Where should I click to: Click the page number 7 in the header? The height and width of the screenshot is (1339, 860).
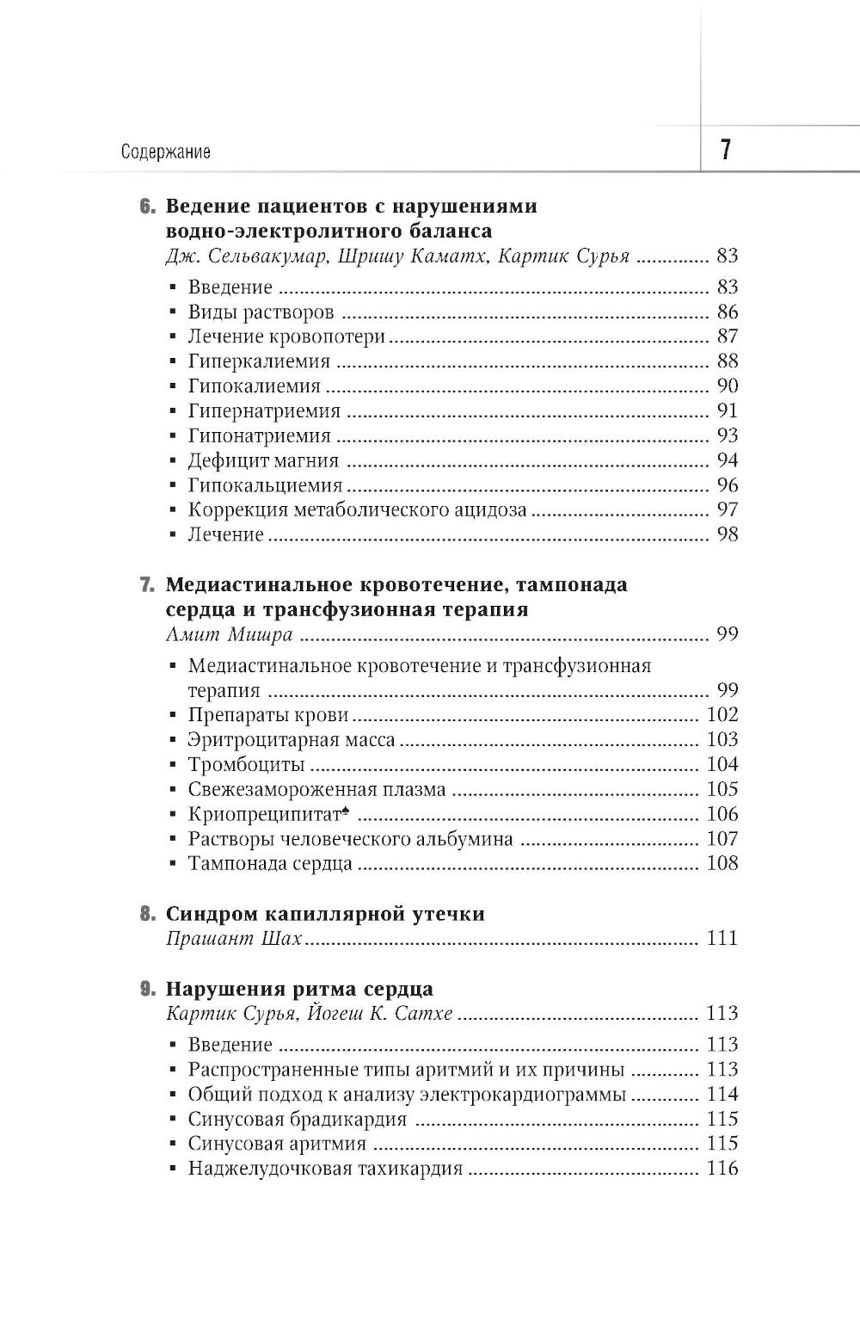tap(725, 151)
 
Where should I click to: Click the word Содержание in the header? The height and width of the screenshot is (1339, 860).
tap(166, 152)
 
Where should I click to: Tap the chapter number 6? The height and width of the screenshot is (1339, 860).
tap(146, 207)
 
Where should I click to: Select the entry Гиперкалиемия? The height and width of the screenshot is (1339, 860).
tap(259, 361)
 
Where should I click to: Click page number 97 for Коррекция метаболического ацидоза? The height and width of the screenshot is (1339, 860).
tap(727, 509)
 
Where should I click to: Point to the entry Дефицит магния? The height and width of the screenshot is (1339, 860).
tap(263, 460)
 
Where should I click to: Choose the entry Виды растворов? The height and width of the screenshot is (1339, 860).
tap(261, 312)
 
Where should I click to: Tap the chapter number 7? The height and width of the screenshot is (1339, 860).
tap(146, 585)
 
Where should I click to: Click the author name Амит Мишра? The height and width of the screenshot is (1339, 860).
tap(229, 635)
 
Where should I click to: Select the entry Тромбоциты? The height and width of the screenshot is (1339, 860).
tap(247, 764)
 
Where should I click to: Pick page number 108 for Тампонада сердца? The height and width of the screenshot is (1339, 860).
tap(722, 863)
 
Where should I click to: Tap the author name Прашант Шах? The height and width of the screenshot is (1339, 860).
tap(233, 938)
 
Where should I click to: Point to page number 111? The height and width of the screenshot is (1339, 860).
tap(722, 938)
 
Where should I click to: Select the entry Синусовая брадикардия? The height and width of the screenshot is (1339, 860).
tap(297, 1119)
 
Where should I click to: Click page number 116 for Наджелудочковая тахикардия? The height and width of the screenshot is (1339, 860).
tap(722, 1169)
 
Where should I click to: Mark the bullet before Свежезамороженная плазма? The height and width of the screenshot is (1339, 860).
tap(173, 790)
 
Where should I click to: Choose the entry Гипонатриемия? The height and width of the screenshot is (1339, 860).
tap(259, 435)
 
